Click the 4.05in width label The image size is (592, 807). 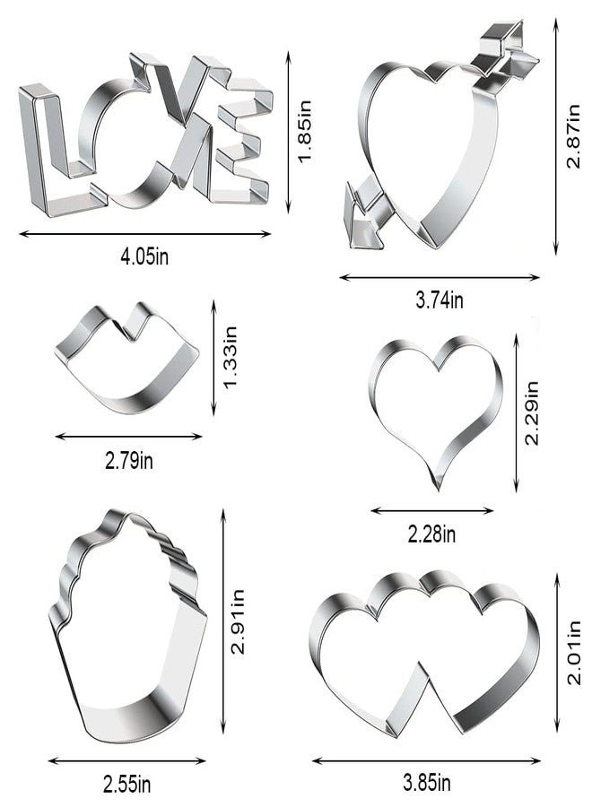point(144,256)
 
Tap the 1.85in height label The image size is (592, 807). point(305,131)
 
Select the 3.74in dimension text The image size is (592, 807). point(440,299)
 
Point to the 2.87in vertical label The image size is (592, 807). point(572,136)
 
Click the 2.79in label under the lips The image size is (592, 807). point(128,460)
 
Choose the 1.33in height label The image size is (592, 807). point(230,357)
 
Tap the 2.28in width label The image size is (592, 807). point(431,534)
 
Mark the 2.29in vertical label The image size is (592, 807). point(531,412)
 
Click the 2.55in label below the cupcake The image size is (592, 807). point(126,785)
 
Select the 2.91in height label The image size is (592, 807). point(238,621)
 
